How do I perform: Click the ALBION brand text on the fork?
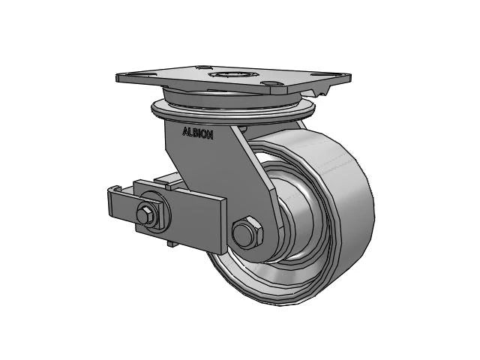[x=197, y=134]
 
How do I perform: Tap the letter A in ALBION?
[x=184, y=131]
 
